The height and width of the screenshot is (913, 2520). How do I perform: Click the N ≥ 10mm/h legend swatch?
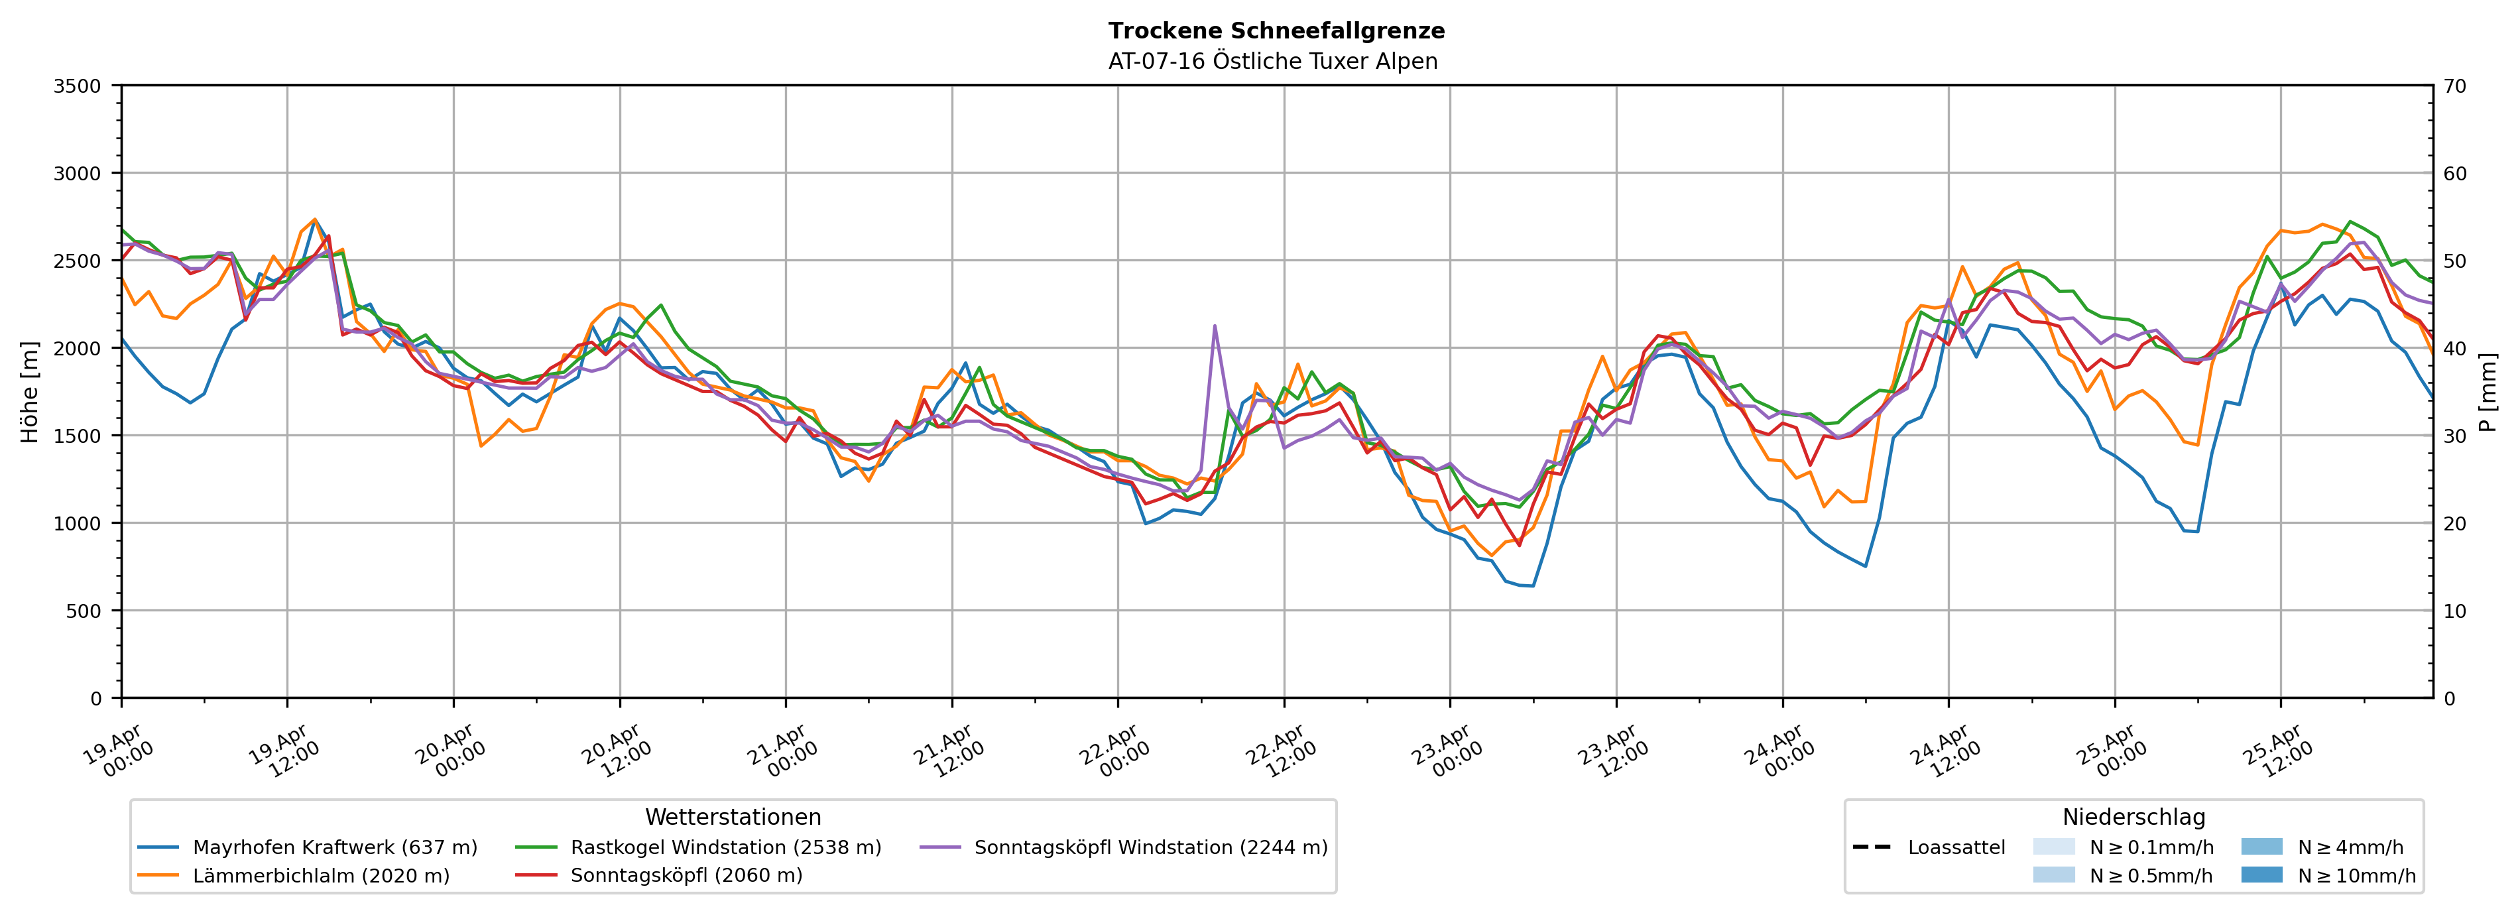point(2261,875)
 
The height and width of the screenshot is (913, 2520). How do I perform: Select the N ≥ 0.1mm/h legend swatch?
point(2053,847)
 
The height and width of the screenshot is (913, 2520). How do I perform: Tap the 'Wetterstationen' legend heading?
point(733,817)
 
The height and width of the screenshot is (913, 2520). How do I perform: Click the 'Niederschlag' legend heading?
point(2133,817)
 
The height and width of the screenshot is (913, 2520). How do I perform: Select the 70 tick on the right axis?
point(2454,86)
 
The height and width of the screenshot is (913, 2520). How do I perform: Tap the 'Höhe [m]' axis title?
point(30,391)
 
